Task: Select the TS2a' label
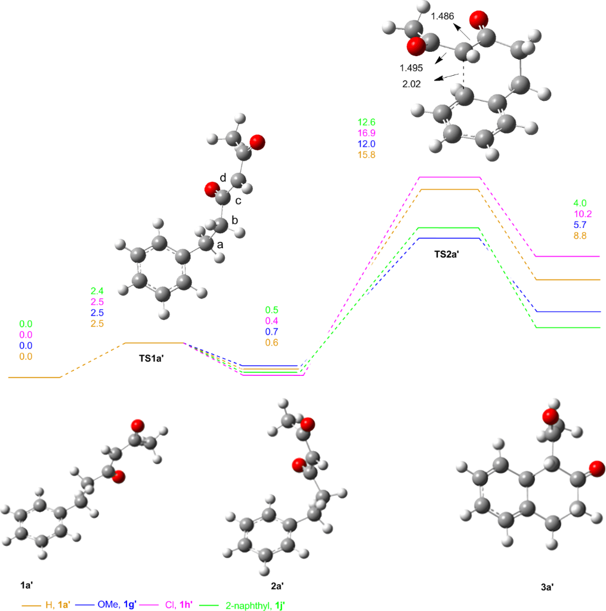click(x=450, y=254)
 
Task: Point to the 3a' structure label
click(x=547, y=587)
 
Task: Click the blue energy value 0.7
click(x=271, y=331)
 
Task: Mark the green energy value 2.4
click(x=97, y=291)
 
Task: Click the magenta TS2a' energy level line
click(x=450, y=177)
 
